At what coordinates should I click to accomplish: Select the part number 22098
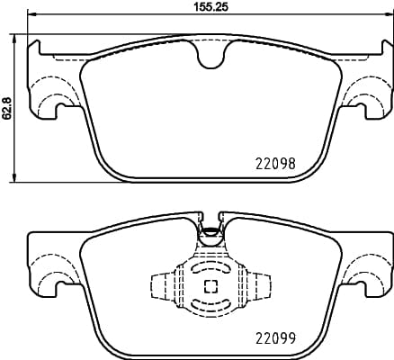coord(271,165)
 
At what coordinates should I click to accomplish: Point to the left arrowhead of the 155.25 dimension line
coord(31,17)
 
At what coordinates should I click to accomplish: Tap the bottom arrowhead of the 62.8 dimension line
coord(15,179)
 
